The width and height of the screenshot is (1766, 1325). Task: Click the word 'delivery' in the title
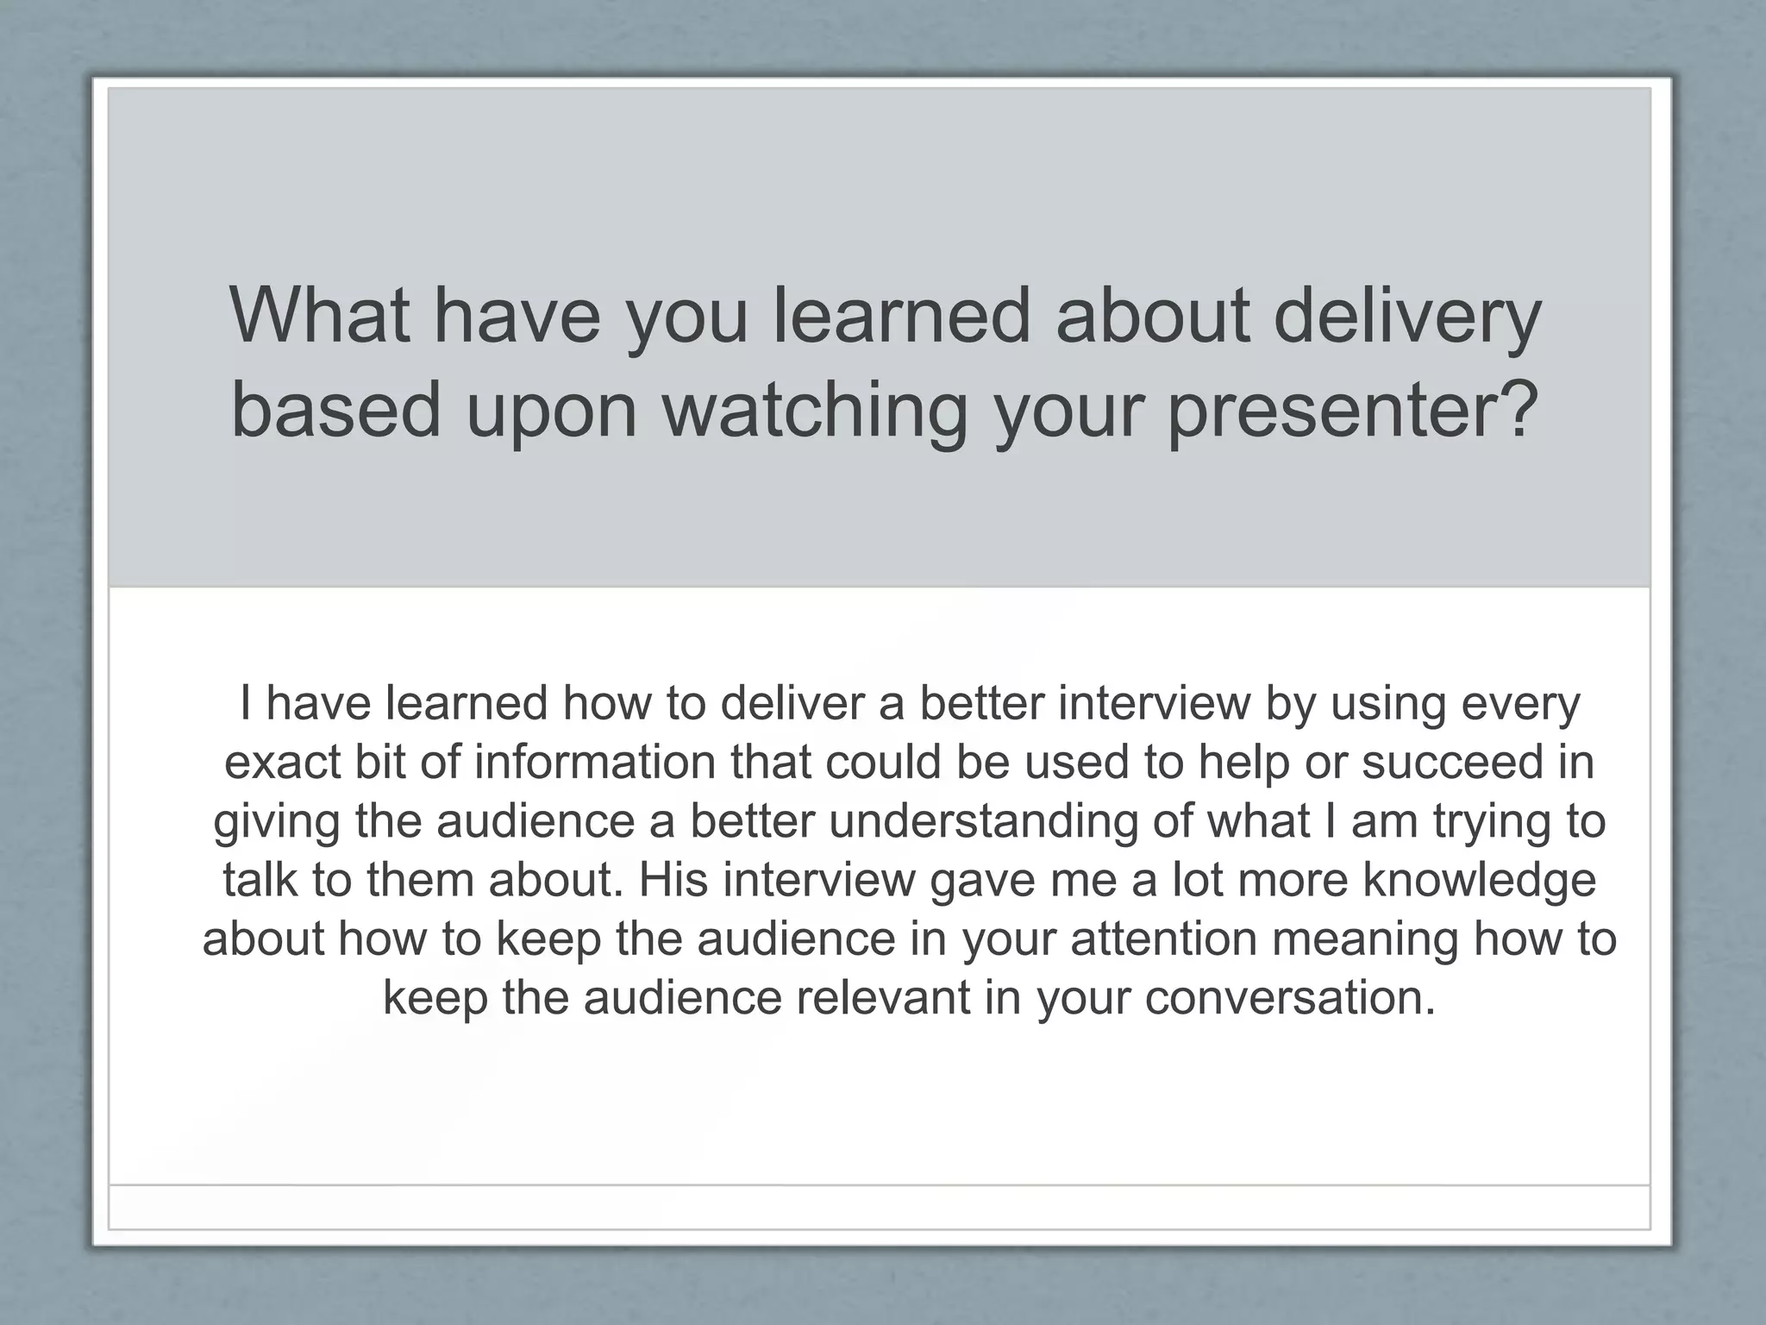(1406, 317)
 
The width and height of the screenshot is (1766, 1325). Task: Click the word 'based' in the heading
(336, 411)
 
